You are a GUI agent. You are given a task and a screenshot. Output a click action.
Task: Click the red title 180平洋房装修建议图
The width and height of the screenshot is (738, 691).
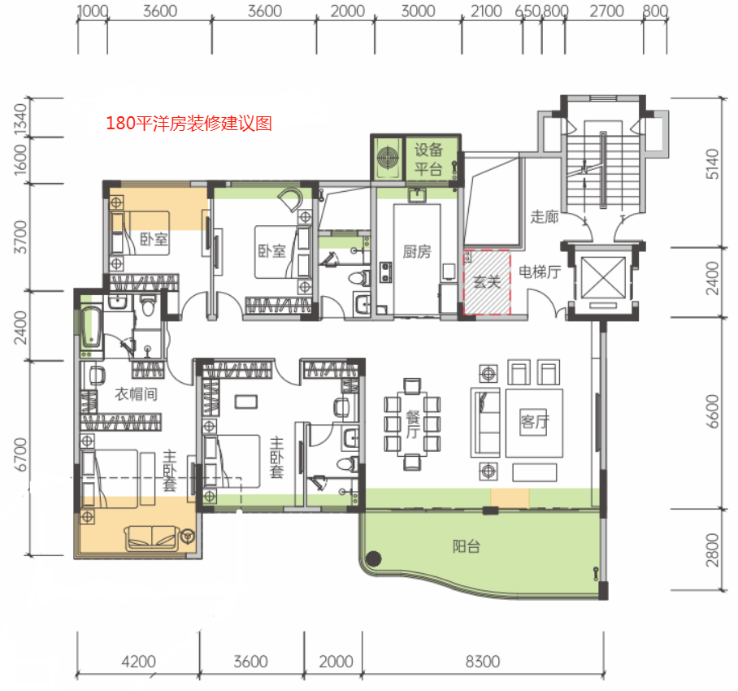click(189, 124)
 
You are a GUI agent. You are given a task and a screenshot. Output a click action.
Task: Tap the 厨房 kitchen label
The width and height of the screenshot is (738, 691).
click(417, 252)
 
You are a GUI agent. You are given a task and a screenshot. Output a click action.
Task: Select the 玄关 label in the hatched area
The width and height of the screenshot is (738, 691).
click(487, 281)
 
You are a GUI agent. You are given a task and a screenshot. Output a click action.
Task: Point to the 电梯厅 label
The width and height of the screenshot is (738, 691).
click(540, 272)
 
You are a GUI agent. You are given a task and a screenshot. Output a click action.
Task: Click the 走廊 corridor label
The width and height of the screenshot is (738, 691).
click(545, 217)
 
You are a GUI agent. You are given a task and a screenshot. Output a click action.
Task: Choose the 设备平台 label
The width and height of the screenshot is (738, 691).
click(428, 159)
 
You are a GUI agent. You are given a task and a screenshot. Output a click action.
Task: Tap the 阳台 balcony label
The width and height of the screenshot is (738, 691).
click(467, 546)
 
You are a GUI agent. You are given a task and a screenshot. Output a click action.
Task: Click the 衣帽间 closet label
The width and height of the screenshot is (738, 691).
click(136, 394)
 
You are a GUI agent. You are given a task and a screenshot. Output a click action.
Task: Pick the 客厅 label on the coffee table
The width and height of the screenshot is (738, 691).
click(534, 422)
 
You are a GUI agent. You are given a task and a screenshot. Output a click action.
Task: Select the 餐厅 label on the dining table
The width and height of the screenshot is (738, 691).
click(413, 424)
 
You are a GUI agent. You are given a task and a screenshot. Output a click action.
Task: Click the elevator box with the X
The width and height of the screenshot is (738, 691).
click(603, 278)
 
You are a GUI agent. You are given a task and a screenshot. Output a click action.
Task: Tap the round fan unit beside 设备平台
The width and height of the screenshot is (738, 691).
click(388, 157)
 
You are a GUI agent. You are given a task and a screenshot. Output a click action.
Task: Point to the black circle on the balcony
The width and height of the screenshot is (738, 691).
click(374, 558)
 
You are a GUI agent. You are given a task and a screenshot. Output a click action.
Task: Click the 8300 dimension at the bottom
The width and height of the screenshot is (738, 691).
click(483, 662)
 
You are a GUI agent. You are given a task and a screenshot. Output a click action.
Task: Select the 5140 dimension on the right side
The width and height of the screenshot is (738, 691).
click(713, 163)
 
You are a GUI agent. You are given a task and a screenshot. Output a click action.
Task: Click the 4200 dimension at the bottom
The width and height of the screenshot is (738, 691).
click(138, 662)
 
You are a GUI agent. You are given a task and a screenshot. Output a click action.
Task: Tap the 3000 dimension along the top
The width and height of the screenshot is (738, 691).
click(418, 11)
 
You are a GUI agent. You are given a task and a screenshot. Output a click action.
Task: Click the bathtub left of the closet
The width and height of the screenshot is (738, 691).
click(91, 327)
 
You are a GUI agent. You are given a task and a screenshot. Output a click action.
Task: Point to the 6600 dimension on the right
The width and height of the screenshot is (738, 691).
click(713, 411)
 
